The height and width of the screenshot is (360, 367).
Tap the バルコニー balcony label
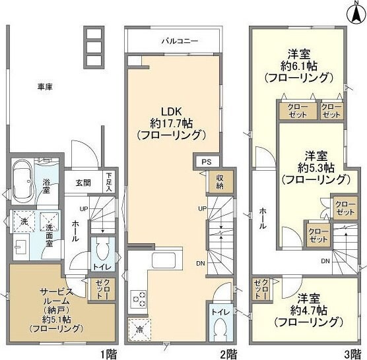tap(180, 41)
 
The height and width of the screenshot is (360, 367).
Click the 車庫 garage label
tap(45, 86)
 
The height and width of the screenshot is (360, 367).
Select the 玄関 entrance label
tap(83, 183)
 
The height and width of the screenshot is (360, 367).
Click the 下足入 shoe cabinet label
tap(108, 182)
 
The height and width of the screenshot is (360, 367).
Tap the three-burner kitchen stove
tap(139, 299)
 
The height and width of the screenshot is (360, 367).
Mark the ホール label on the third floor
tap(263, 217)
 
